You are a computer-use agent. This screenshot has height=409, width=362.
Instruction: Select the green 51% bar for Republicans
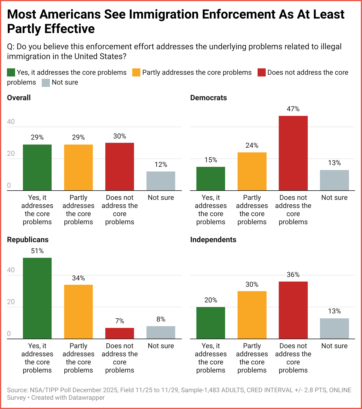point(37,298)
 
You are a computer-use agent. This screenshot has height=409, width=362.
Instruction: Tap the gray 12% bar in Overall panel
point(161,181)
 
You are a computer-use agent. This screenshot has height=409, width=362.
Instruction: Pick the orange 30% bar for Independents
point(252,315)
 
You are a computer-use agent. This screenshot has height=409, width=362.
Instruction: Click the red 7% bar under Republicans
point(120,333)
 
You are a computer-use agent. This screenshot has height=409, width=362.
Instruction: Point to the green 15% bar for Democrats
point(211,178)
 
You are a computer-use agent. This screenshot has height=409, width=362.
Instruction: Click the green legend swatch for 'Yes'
point(11,72)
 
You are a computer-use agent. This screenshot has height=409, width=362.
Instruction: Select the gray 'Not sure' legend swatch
point(46,83)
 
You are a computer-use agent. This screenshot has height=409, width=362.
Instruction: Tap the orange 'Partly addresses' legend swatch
point(136,72)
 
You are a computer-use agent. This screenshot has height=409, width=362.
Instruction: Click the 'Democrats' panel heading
point(208,98)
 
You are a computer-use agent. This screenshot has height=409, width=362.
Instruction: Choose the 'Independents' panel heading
point(213,240)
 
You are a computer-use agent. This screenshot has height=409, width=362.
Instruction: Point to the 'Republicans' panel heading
point(28,240)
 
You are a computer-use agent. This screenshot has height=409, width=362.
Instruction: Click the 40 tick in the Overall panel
point(11,122)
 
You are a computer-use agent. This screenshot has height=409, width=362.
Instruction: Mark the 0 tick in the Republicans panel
point(9,334)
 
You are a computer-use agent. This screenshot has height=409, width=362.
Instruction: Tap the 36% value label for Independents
point(293,275)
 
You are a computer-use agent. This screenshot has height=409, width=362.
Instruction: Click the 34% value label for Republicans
point(78,278)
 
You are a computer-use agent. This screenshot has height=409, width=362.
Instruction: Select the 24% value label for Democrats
point(252,145)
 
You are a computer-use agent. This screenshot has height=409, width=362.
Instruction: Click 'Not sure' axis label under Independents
point(334,346)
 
